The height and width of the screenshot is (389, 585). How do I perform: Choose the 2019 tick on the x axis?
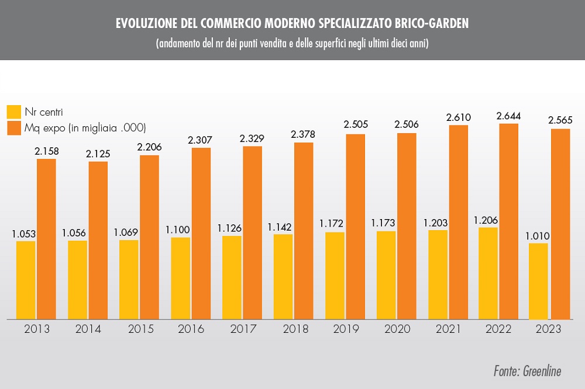(x=346, y=329)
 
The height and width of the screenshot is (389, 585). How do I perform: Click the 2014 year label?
(x=88, y=329)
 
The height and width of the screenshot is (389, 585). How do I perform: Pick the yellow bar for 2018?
(x=283, y=276)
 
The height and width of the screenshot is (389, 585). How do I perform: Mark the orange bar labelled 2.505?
(x=355, y=226)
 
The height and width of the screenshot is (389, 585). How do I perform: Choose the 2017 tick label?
(x=243, y=329)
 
